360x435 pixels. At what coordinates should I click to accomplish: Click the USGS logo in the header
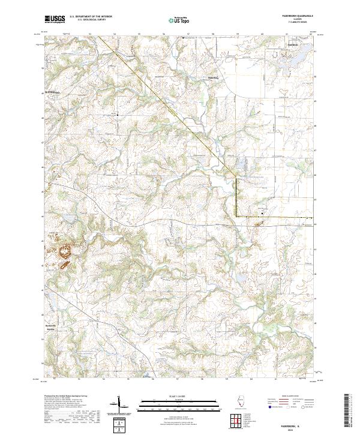click(x=54, y=19)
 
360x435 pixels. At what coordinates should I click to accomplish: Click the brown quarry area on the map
click(x=65, y=252)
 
